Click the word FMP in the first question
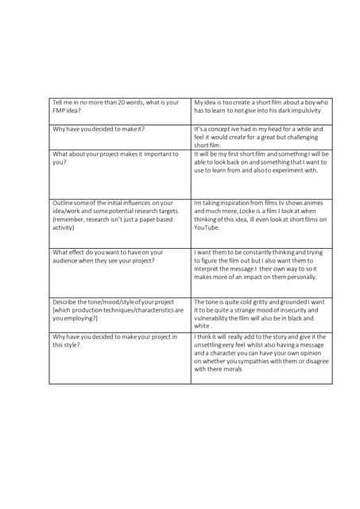click(x=60, y=111)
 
